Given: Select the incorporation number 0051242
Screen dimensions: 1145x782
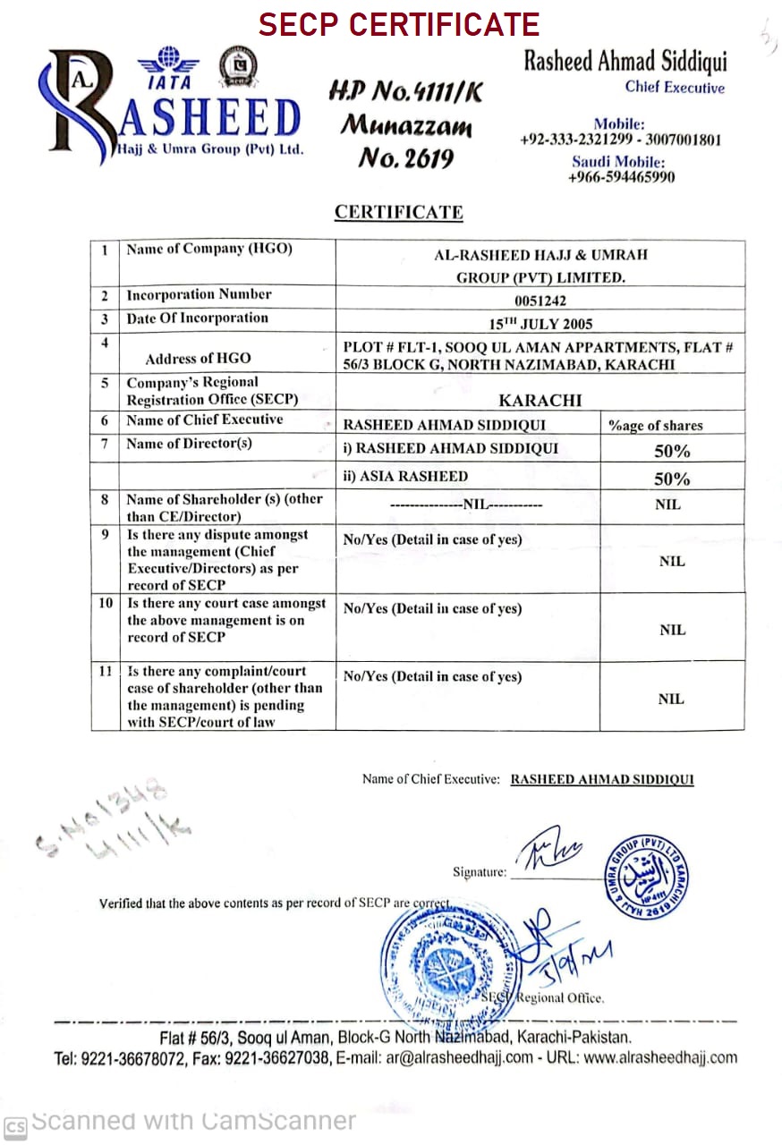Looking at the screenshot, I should point(540,301).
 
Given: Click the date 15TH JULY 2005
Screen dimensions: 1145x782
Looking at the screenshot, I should point(540,324).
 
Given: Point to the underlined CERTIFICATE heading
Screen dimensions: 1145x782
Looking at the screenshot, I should point(398,213).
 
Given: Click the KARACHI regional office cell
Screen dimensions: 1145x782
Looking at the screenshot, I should point(540,401).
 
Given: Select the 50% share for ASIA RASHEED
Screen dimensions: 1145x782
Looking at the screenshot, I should point(672,478).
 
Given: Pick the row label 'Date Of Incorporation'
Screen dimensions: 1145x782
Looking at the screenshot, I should point(197,318).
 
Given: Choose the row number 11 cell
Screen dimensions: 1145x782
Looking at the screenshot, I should point(105,671).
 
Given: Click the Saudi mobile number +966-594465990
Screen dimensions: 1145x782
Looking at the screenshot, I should point(621,177).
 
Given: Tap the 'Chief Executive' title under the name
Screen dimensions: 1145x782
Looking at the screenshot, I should point(675,88).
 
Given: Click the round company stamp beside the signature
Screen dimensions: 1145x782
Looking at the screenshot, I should point(644,878).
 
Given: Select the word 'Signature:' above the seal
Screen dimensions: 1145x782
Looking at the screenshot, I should point(479,872).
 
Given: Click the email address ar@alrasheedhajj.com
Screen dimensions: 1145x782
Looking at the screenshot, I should point(457,1058).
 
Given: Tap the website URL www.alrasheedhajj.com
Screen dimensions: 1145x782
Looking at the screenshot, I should point(660,1058).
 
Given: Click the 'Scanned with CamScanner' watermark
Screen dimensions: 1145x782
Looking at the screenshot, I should point(192,1122).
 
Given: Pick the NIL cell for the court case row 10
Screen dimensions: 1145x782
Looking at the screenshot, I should point(672,630).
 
